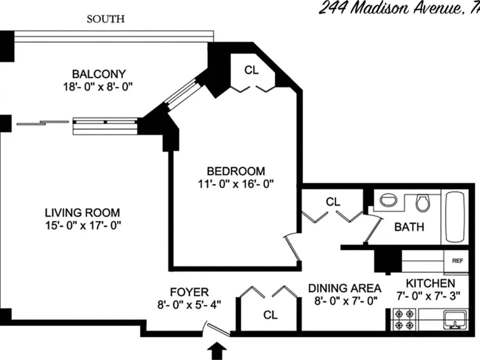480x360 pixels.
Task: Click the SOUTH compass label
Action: pos(105,19)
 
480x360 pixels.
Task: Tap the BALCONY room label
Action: pos(98,73)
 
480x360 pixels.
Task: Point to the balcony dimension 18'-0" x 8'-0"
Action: pos(98,86)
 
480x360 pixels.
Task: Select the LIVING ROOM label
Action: pos(82,212)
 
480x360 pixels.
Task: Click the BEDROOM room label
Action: pos(236,171)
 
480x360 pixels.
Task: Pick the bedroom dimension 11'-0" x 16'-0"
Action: pos(236,183)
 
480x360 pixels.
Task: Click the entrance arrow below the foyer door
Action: pos(217,351)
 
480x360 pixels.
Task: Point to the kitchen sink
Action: pos(454,318)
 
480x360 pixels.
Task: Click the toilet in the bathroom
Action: pos(423,202)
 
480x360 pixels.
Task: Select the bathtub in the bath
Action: pos(456,216)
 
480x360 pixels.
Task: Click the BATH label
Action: pos(409,227)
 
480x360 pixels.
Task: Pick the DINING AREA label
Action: pos(344,288)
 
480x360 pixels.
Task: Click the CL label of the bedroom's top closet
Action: pos(251,70)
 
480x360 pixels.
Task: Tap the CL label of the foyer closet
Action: pos(270,314)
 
